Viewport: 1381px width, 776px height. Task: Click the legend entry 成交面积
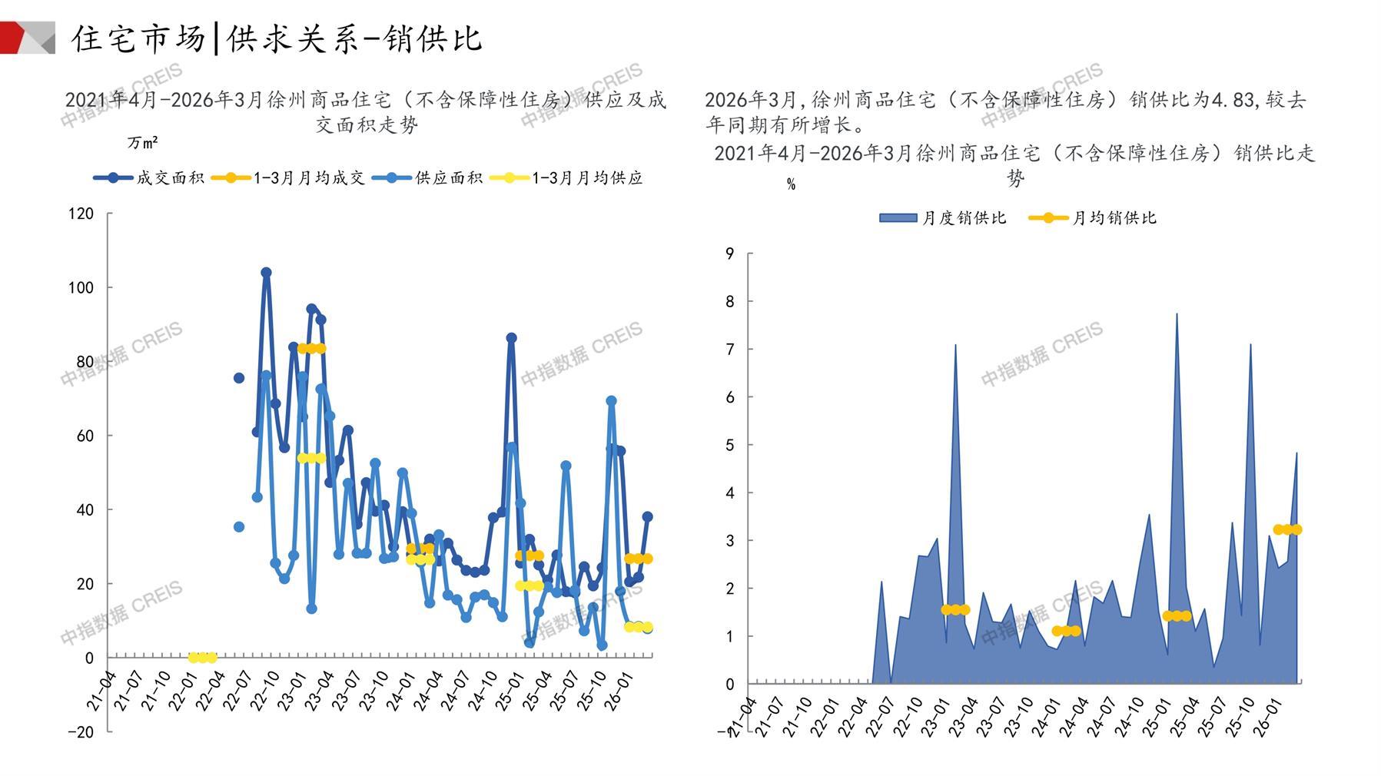[x=150, y=178]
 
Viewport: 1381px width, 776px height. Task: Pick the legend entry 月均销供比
[x=1092, y=218]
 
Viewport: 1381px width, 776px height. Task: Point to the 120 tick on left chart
[x=81, y=214]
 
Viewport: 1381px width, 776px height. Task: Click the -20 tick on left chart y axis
[x=81, y=731]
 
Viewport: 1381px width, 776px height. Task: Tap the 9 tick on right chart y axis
[x=730, y=254]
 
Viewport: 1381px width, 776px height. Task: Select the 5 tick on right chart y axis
[x=730, y=445]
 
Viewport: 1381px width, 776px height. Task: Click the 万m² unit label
[x=143, y=143]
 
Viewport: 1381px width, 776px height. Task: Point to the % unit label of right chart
[x=791, y=184]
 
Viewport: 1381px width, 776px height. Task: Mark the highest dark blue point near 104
[x=266, y=273]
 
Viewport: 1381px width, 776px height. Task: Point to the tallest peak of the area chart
[x=1177, y=313]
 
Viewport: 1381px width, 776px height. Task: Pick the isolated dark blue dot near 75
[x=239, y=378]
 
